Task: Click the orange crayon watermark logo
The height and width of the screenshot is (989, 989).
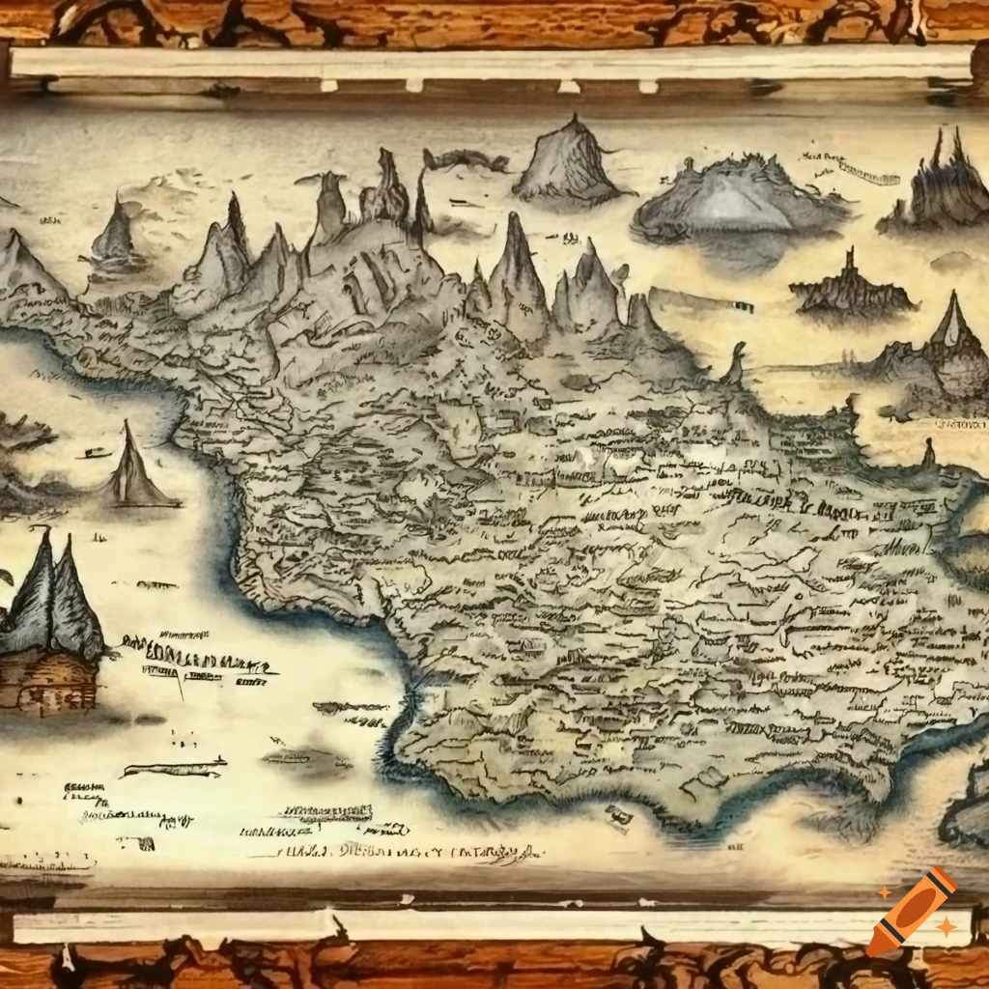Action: [x=912, y=911]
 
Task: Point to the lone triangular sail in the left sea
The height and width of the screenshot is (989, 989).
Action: [x=134, y=468]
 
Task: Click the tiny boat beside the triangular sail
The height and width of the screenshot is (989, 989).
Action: [x=94, y=451]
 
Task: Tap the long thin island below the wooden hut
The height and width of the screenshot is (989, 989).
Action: [x=174, y=769]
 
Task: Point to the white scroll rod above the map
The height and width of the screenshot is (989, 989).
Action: [x=493, y=64]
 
